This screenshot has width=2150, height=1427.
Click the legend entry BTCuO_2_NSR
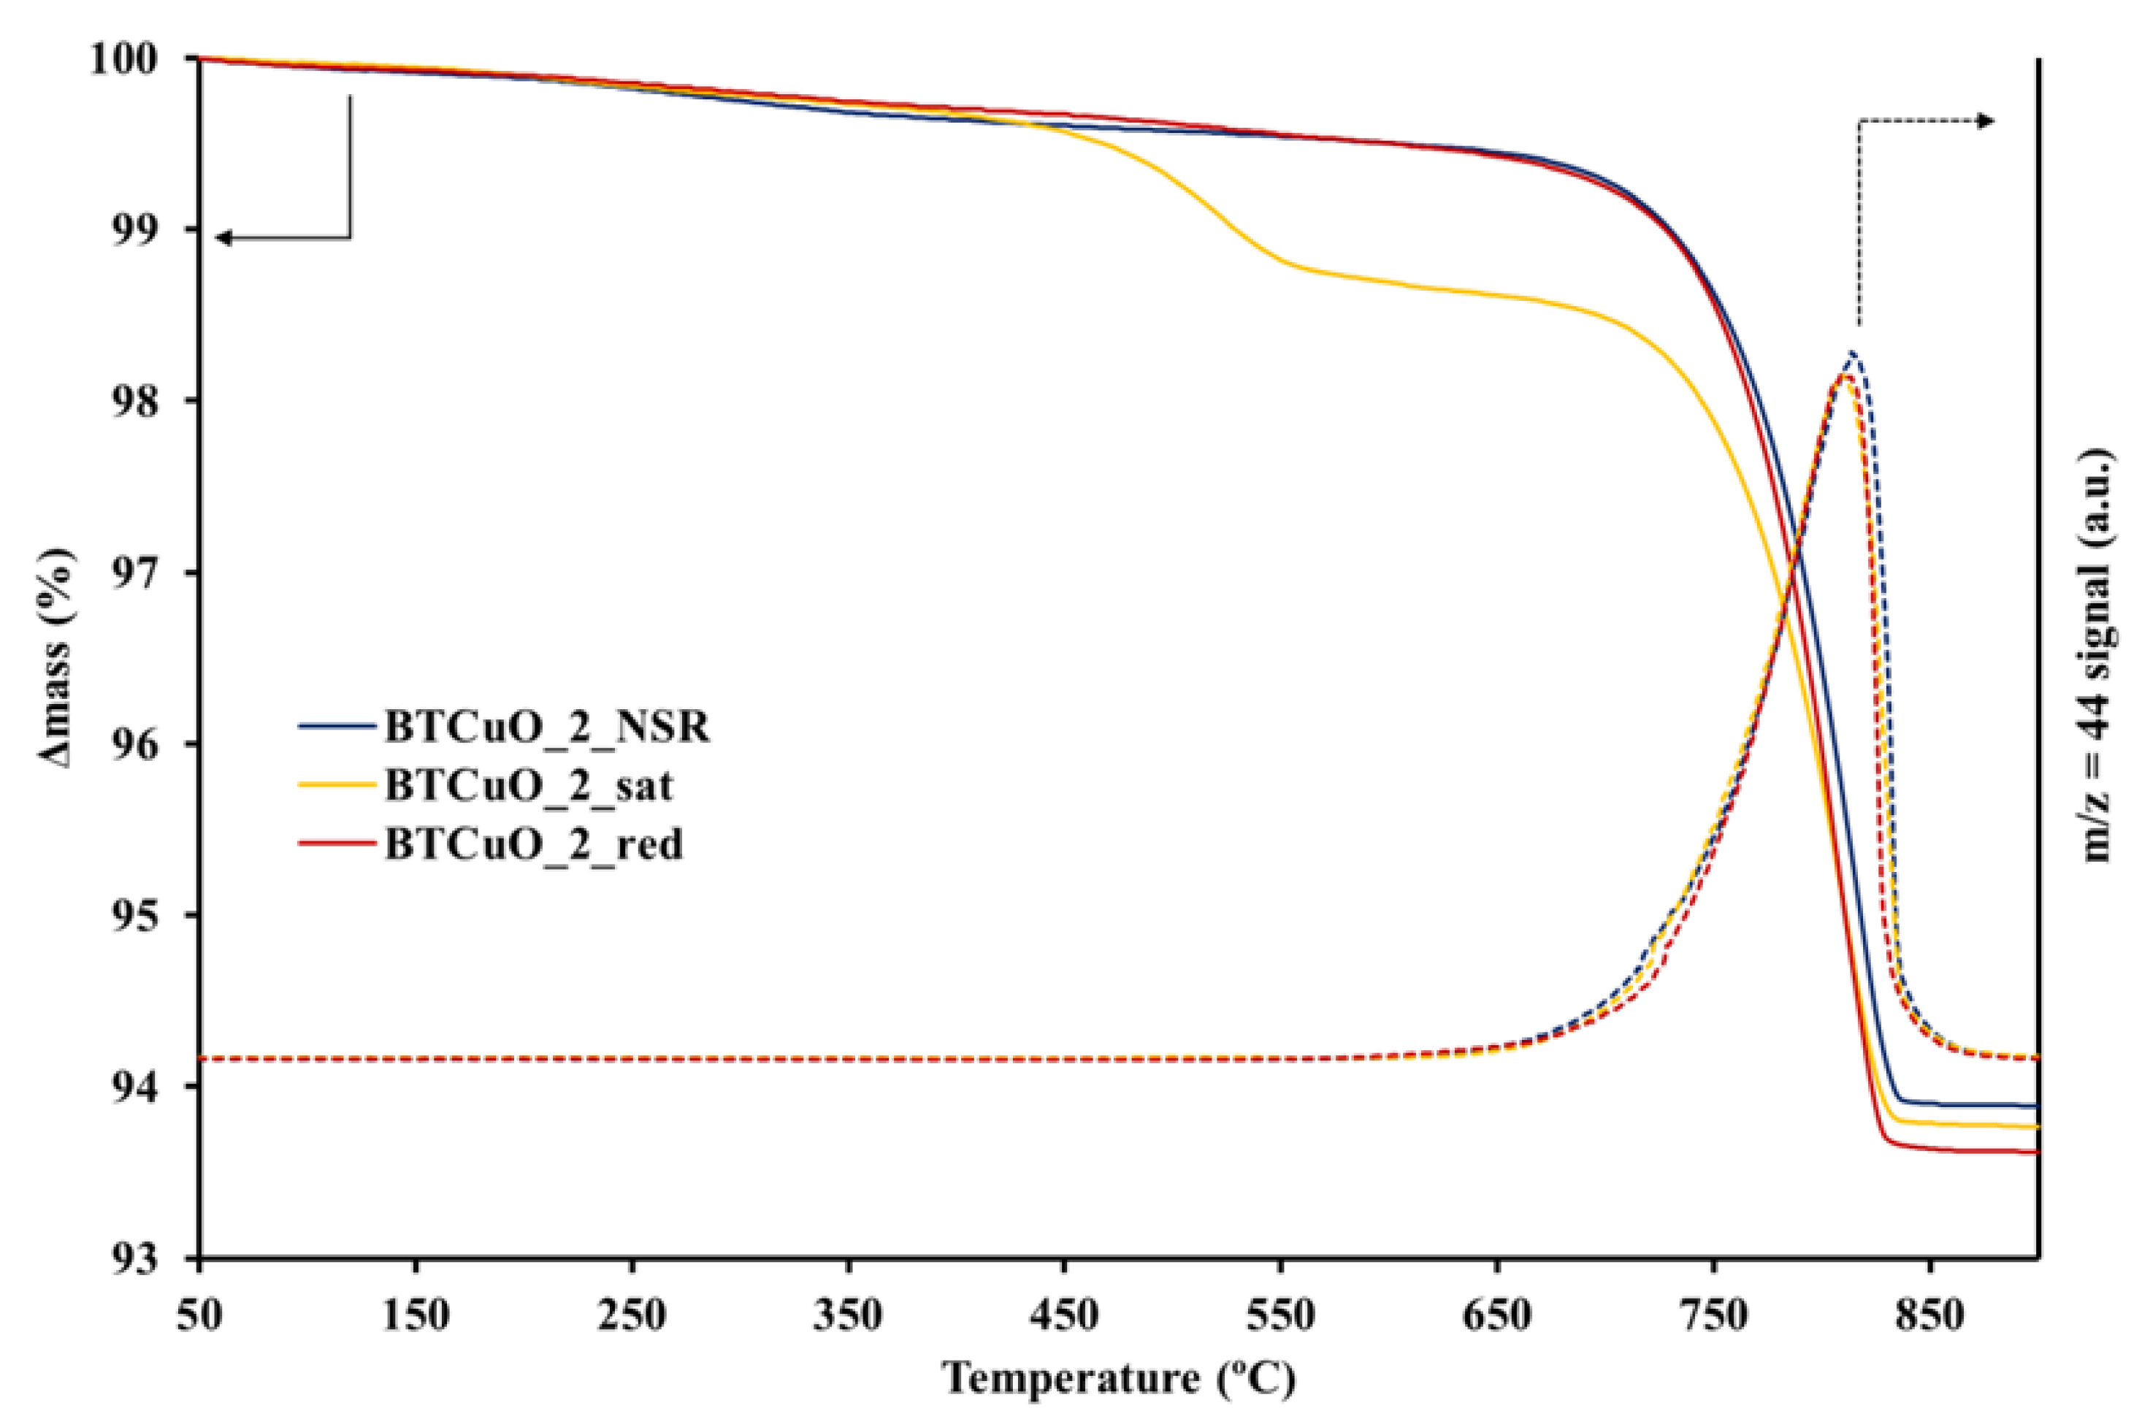(546, 727)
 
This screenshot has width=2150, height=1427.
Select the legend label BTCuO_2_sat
(529, 785)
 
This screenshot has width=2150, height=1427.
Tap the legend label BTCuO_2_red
(533, 844)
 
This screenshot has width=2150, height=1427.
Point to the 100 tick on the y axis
(134, 59)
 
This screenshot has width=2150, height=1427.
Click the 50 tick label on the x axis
(199, 1316)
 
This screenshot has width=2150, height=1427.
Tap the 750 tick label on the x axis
(1713, 1316)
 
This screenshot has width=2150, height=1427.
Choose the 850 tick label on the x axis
(1929, 1316)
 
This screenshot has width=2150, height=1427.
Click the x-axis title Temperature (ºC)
(1118, 1378)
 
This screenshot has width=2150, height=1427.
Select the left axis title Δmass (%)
(56, 658)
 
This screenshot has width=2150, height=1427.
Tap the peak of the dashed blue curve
(1851, 351)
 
